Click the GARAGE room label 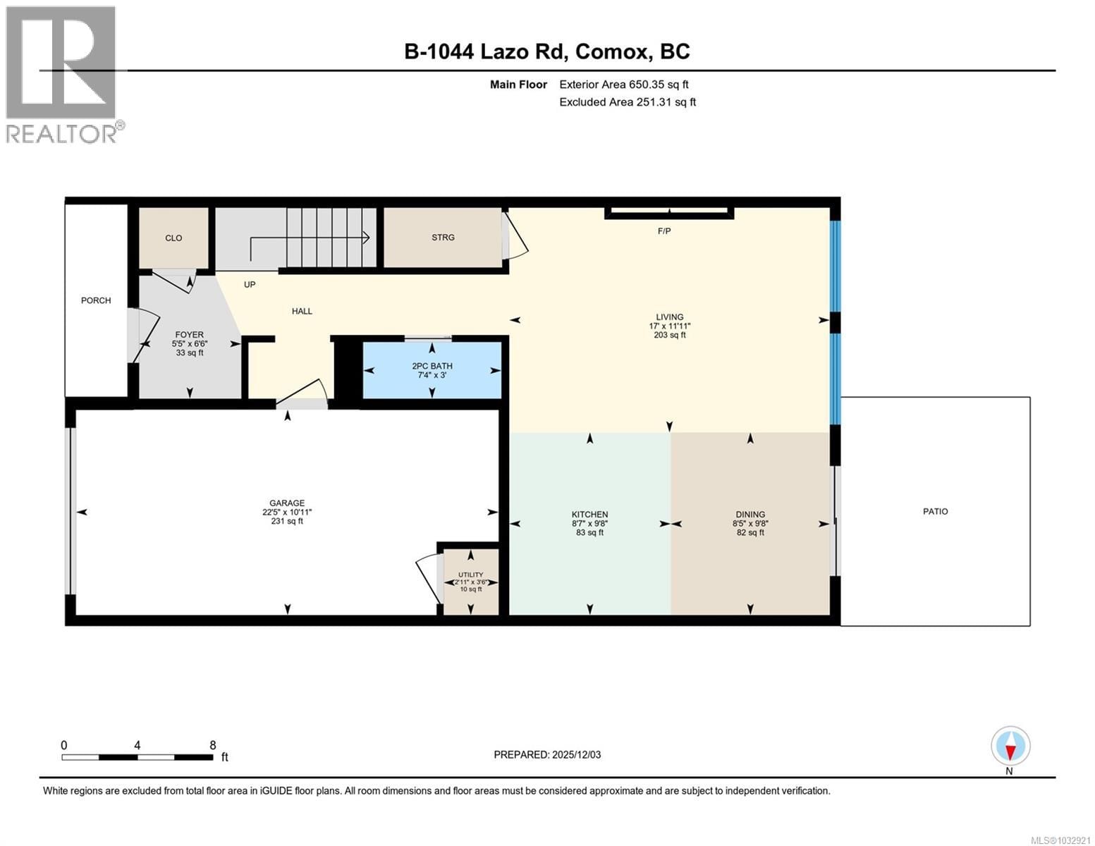coord(286,503)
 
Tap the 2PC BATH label coord(432,366)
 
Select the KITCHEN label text coord(589,515)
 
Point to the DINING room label coord(750,515)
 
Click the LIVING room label coord(669,317)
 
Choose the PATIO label coord(936,511)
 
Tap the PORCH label coord(96,300)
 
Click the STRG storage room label coord(443,238)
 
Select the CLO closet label coord(173,238)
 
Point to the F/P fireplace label coord(663,231)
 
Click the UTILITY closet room coord(470,581)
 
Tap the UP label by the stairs coord(250,285)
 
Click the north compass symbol coord(1010,747)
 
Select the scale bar coord(137,757)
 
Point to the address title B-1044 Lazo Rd coord(547,51)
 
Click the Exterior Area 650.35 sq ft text coord(623,85)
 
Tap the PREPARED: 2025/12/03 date coord(547,754)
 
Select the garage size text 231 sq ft coord(286,522)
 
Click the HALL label coord(302,311)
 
